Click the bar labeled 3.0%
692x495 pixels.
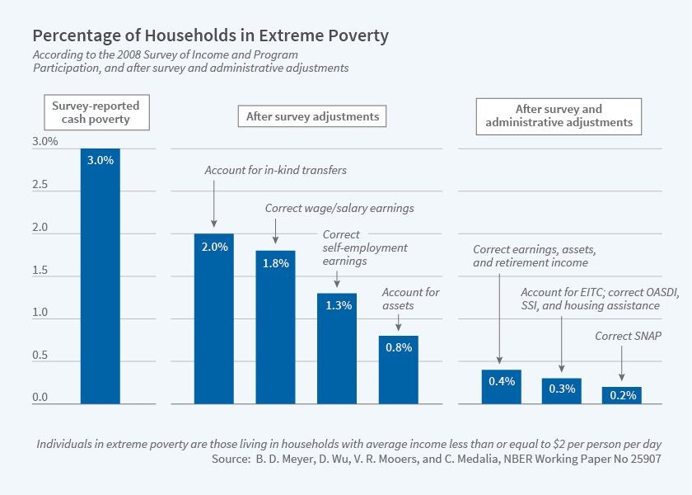tap(100, 276)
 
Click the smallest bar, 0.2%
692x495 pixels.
tap(622, 395)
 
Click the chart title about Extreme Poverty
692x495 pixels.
tap(210, 36)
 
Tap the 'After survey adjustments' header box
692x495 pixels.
tap(312, 116)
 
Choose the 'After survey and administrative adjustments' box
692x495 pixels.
tap(559, 115)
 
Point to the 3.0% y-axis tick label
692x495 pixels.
tap(45, 142)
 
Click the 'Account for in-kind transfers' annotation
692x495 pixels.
tap(275, 171)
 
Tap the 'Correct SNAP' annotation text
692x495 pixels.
tap(628, 337)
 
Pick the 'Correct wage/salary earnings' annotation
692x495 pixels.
tap(339, 209)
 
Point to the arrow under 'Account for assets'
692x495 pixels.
tap(399, 322)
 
